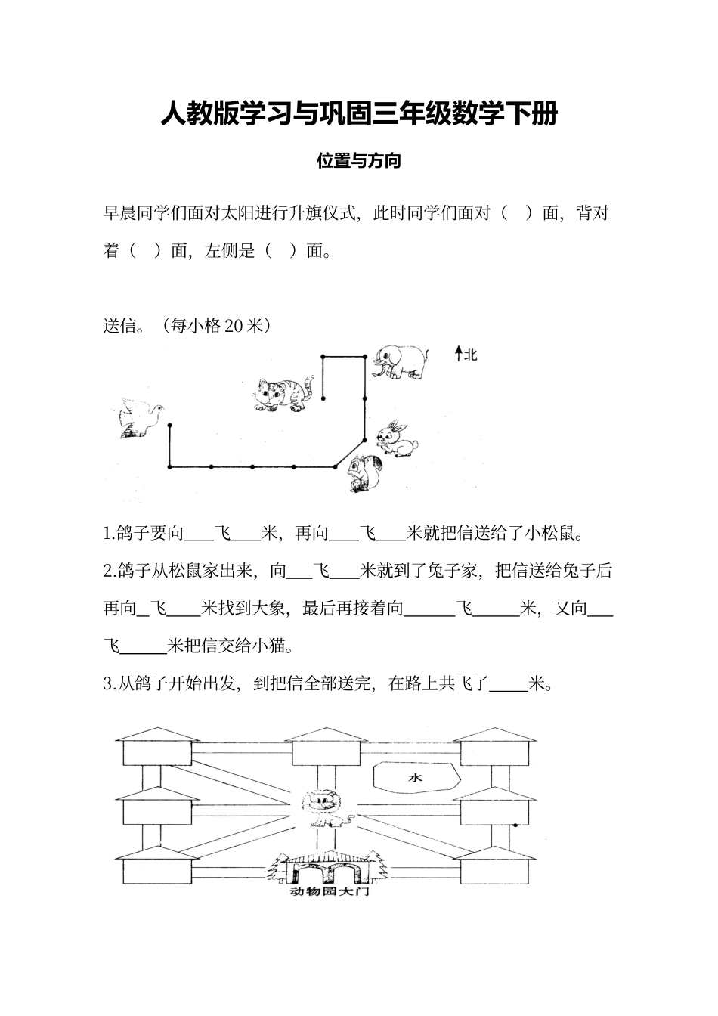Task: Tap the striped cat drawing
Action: tap(283, 394)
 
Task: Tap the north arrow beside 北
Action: tap(457, 354)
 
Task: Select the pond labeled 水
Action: tap(415, 777)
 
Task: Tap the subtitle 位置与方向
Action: tap(358, 161)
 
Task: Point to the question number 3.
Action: tap(107, 685)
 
